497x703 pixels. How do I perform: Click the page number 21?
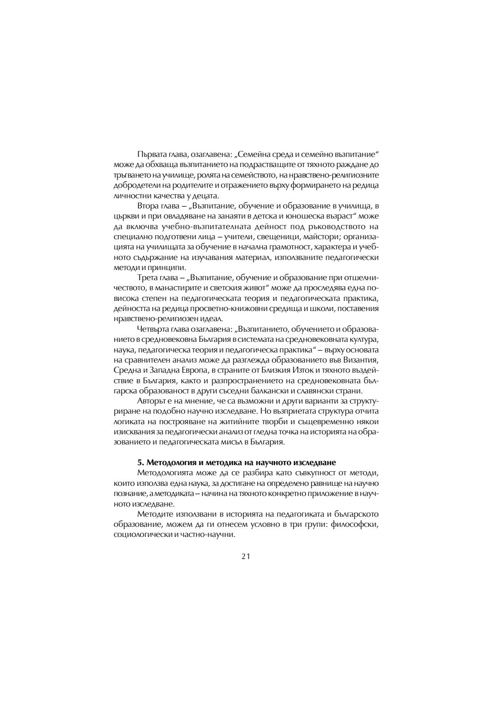tap(245, 556)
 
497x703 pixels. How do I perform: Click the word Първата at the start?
tap(151, 154)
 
